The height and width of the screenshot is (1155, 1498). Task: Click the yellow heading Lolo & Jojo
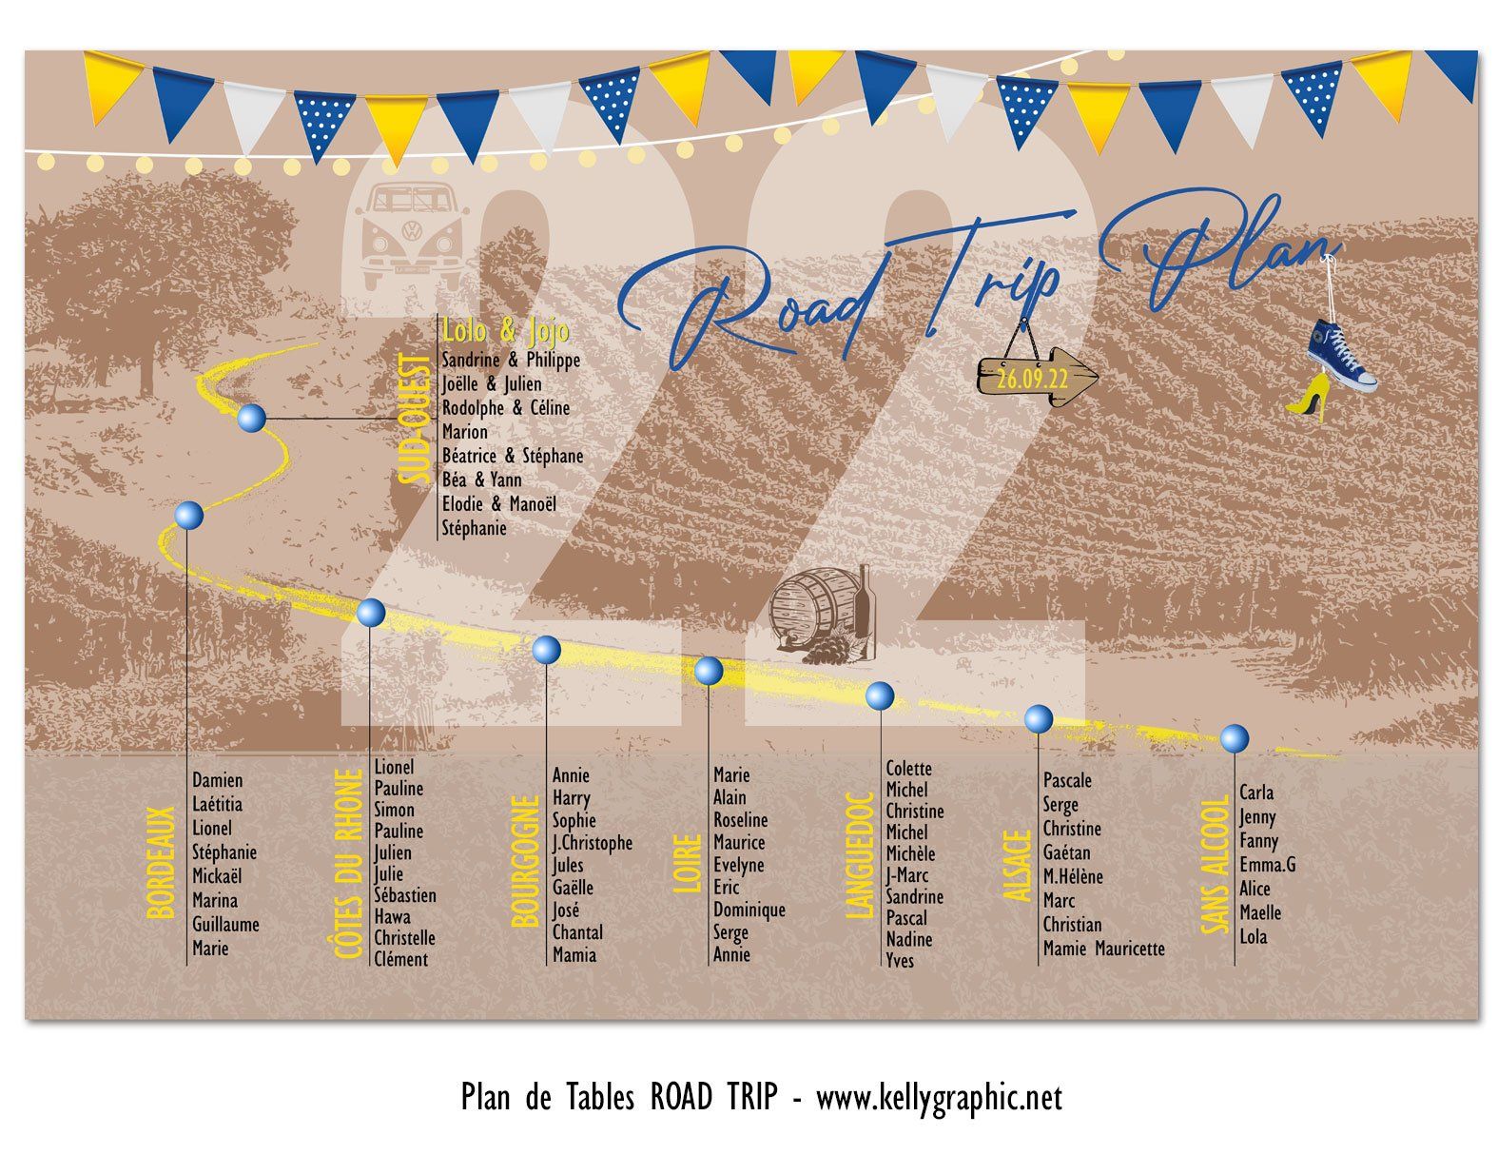point(506,330)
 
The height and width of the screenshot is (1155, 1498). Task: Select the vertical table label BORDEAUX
point(162,862)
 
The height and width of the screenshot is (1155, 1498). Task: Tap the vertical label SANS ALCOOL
point(1214,865)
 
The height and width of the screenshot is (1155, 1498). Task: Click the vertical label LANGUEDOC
point(860,855)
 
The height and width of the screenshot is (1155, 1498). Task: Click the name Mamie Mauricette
point(1103,949)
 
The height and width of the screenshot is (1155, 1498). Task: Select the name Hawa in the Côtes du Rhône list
point(392,916)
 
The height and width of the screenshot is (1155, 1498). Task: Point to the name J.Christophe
point(592,843)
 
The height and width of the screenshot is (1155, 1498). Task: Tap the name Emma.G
point(1267,865)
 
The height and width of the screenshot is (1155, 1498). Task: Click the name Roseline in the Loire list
point(740,820)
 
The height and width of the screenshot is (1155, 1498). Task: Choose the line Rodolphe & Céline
point(505,408)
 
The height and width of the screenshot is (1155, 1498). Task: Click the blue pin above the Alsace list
point(1038,718)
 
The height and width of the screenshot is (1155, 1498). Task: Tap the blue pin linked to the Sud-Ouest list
point(251,417)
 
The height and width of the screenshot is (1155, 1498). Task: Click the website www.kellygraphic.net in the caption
point(939,1098)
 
